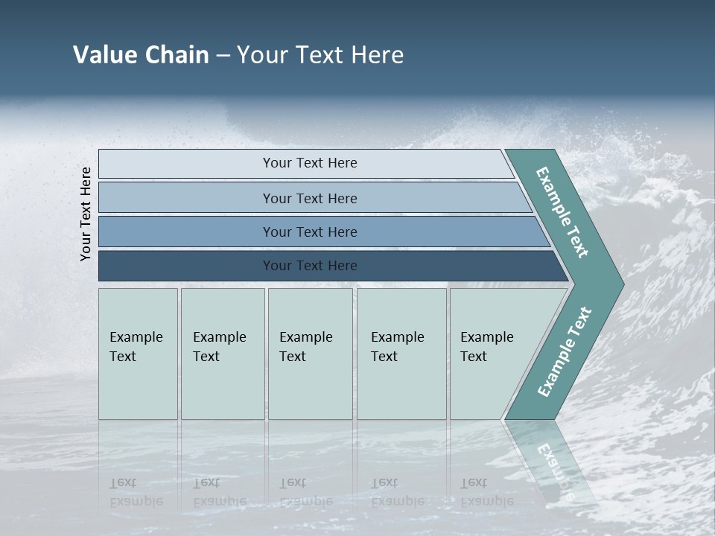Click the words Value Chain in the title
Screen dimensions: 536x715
(141, 54)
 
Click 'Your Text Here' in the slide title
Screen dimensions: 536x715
(320, 54)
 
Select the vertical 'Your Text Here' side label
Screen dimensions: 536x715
(86, 214)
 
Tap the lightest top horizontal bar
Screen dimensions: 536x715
(186, 163)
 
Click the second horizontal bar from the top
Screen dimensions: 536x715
(186, 197)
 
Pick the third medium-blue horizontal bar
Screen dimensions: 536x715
(186, 232)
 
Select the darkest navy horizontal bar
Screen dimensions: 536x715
(186, 266)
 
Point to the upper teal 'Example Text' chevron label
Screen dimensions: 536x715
(562, 212)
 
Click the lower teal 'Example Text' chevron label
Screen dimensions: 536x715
(565, 351)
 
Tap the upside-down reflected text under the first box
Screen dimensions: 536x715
(136, 491)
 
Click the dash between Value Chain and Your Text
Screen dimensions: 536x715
(223, 55)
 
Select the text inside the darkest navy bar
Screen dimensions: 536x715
(310, 266)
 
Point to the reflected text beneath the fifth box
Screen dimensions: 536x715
(486, 491)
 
